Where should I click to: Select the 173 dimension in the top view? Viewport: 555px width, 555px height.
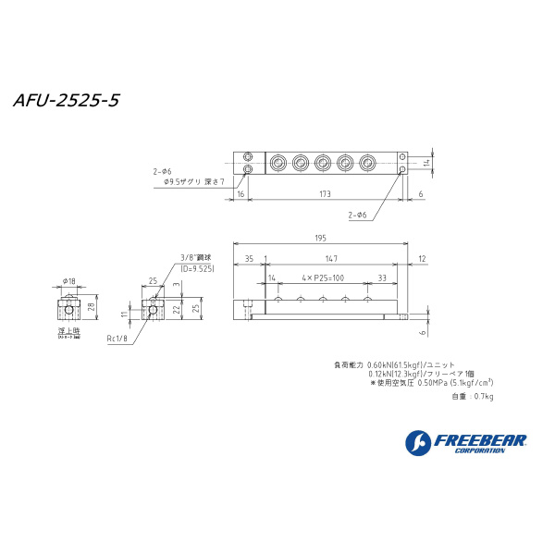(323, 193)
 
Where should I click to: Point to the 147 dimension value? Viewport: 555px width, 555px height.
(331, 258)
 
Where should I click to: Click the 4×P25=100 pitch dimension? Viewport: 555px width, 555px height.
(323, 277)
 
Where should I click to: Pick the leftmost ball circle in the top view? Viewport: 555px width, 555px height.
(278, 164)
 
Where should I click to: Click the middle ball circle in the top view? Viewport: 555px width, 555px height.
(322, 164)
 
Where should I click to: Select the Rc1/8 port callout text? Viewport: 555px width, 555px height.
(120, 339)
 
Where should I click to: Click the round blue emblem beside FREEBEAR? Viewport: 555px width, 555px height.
(416, 443)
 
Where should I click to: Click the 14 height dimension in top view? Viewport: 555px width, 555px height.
(426, 163)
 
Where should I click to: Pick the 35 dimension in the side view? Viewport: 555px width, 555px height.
(249, 258)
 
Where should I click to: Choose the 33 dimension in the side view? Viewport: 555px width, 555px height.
(382, 277)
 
